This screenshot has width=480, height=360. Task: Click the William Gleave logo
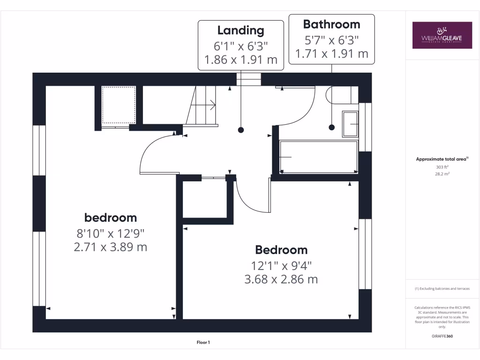[x=442, y=35]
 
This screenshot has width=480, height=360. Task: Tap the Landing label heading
[x=241, y=31]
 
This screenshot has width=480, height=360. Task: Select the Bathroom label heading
[x=331, y=24]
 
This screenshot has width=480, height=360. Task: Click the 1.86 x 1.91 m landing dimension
[x=241, y=60]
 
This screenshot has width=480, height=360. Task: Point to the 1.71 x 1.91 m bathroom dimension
[x=331, y=54]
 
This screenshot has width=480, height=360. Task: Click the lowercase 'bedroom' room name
[x=111, y=217]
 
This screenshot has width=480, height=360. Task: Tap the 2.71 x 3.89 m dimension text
[x=111, y=247]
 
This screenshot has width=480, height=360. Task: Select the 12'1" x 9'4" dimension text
[x=281, y=265]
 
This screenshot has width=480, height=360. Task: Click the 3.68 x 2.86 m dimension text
[x=281, y=279]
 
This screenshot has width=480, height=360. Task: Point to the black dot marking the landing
[x=241, y=130]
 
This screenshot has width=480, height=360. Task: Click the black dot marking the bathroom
[x=332, y=127]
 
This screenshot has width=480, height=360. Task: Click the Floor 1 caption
[x=202, y=343]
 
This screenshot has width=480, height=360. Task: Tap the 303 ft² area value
[x=442, y=167]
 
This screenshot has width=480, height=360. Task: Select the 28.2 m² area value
[x=442, y=173]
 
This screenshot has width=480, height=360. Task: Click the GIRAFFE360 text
[x=442, y=336]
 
